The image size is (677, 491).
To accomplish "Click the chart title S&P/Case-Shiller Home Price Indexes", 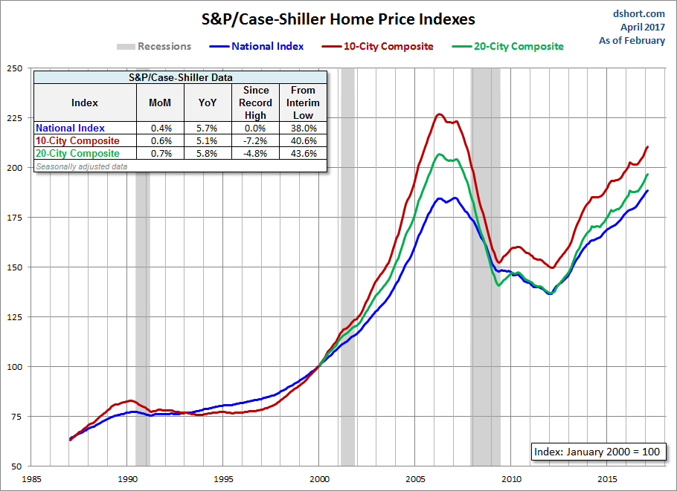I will point(337,19).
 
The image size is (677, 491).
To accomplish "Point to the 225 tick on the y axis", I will point(13,118).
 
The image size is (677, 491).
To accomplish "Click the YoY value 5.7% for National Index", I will point(208,129).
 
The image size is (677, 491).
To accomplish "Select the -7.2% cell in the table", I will point(256,141).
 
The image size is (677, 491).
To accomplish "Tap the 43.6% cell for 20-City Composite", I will point(303,154).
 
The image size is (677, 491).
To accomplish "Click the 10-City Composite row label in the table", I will point(77,141).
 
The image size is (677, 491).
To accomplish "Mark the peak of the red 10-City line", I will point(440,114).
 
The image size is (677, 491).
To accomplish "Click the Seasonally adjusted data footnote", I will point(81,166).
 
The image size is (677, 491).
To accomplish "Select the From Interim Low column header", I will point(303,103).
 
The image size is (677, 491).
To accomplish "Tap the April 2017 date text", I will point(643,27).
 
